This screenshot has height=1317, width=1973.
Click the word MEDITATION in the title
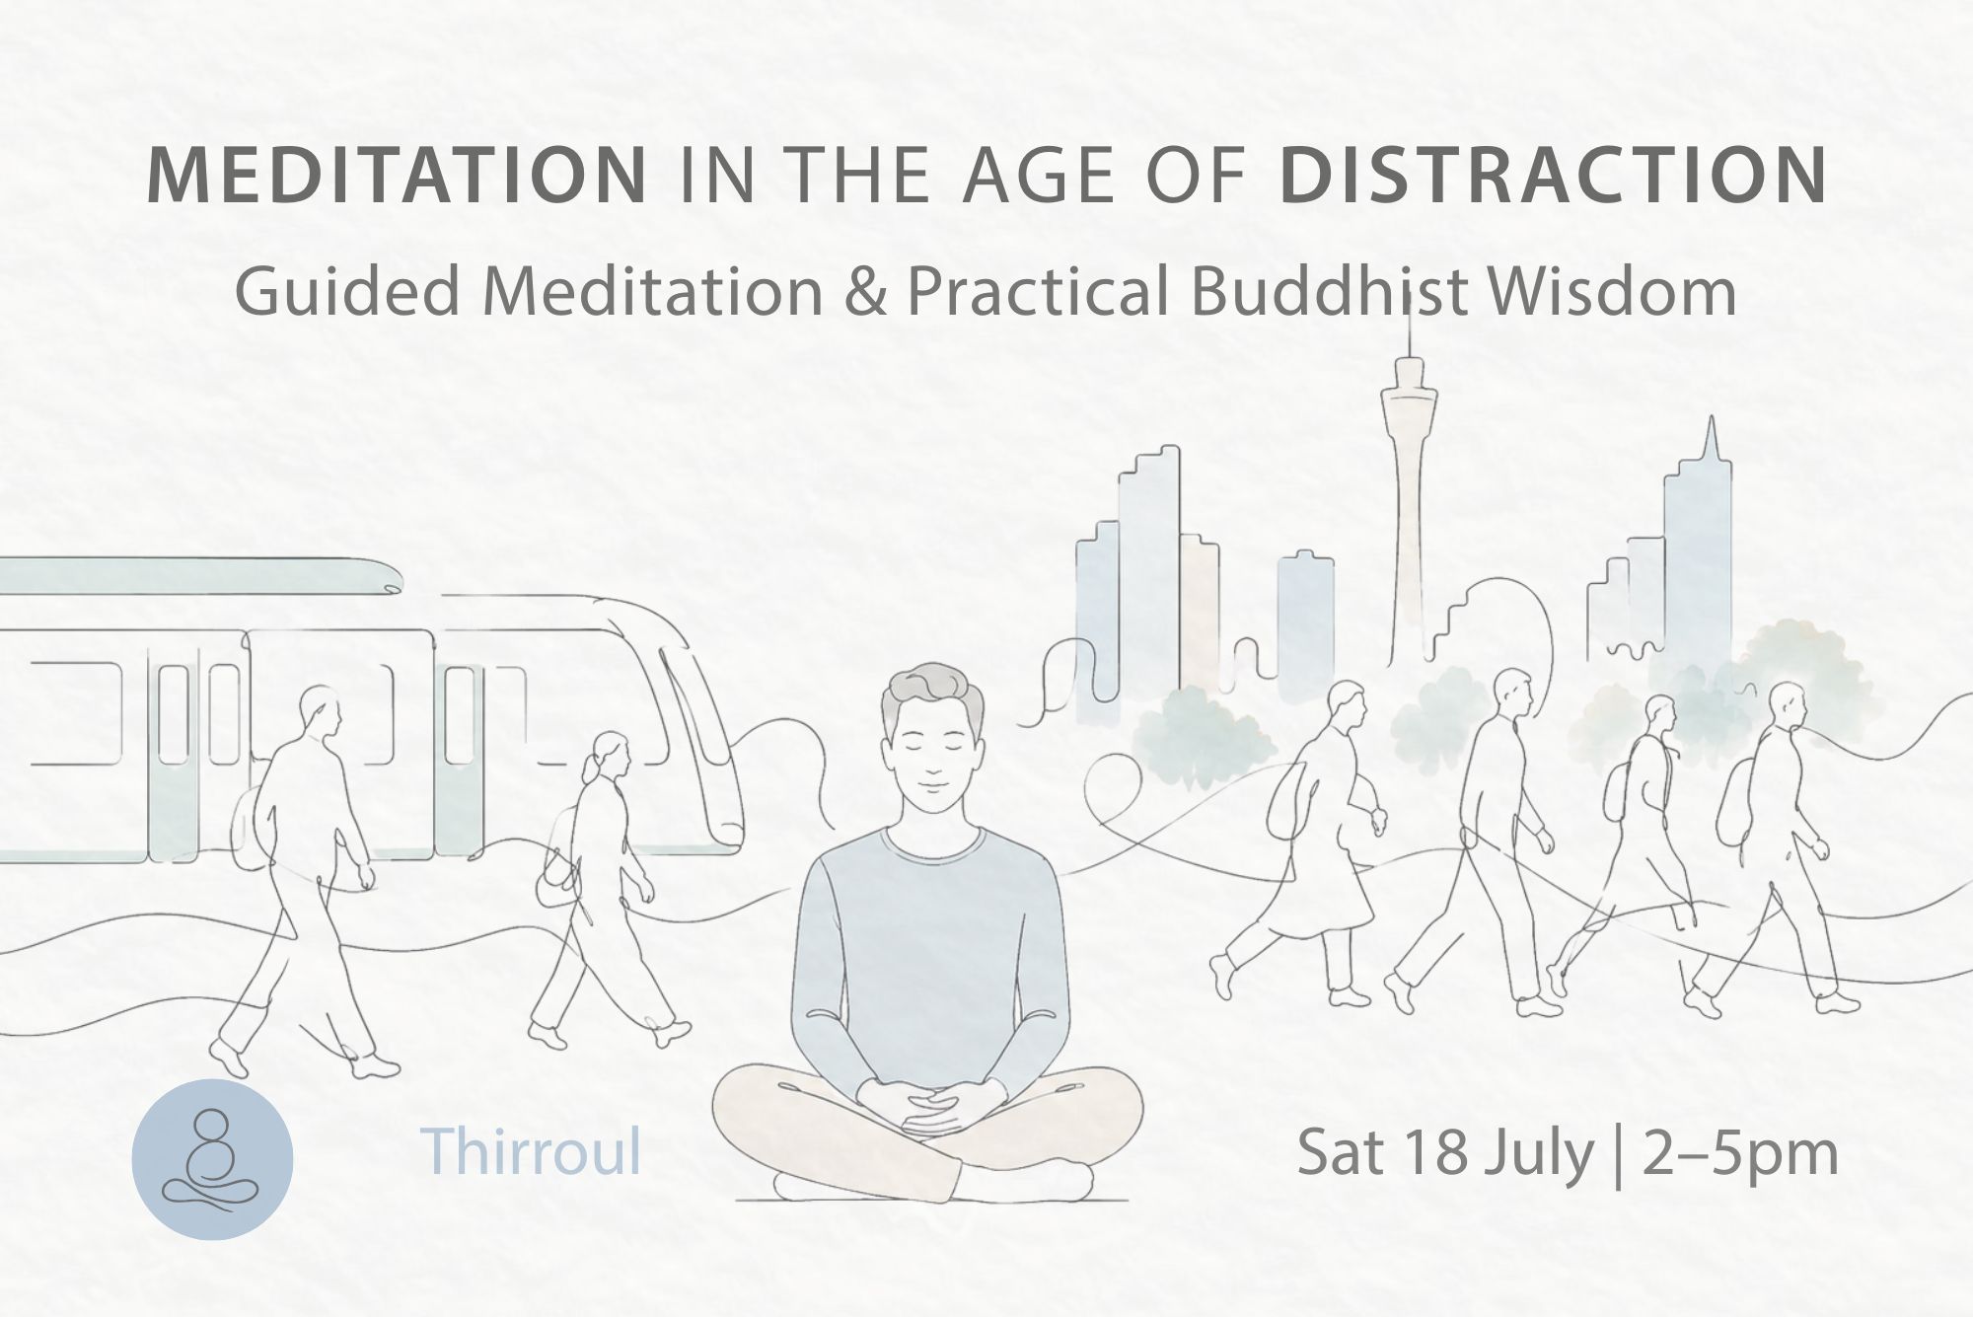tap(397, 176)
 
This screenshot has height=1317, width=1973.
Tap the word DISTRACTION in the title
tap(1553, 176)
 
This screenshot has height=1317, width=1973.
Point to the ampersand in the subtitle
tap(865, 292)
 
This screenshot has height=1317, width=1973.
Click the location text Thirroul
tap(531, 1150)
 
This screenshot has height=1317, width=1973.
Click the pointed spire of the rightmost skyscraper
tap(1713, 438)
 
